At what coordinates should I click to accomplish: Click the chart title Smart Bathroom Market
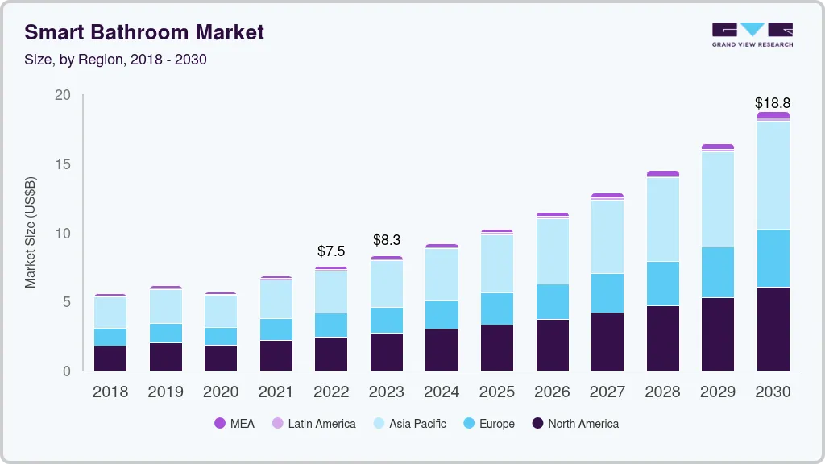coord(144,32)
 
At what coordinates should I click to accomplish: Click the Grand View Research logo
coord(752,34)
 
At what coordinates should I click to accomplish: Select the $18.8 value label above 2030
coord(772,103)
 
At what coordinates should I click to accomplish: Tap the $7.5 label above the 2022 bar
coord(331,251)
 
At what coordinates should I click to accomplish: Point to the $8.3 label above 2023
coord(386,240)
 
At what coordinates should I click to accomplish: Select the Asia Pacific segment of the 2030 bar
coord(772,175)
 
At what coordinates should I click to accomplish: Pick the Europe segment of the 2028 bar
coord(661,284)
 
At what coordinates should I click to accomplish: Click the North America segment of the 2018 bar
coord(110,358)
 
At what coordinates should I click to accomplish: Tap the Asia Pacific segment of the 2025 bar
coord(496,263)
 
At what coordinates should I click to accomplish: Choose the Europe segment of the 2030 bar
coord(772,258)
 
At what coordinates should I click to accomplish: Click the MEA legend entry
coord(234,423)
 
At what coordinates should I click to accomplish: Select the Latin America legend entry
coord(313,423)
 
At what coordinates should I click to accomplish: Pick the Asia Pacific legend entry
coord(408,423)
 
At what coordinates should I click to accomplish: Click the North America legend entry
coord(575,423)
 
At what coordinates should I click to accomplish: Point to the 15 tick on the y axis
coord(63,164)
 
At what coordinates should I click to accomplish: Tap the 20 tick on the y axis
coord(63,95)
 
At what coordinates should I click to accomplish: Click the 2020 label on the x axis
coord(221,391)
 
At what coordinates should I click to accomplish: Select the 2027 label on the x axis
coord(607,391)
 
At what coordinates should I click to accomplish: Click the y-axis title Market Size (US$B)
coord(31,232)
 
